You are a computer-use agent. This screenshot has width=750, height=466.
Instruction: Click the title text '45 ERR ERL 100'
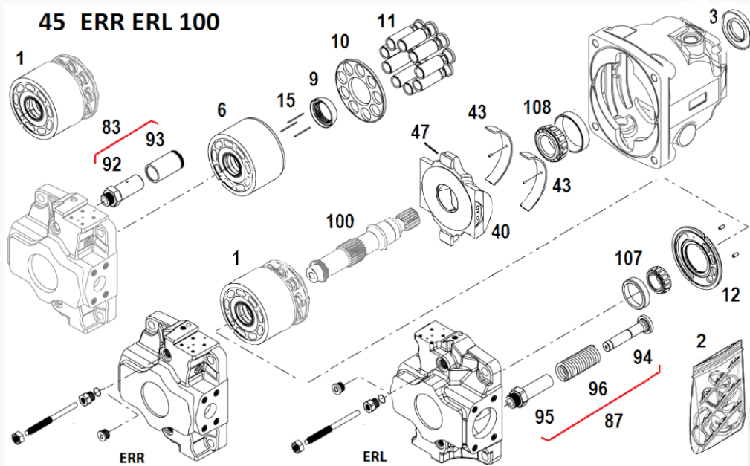[129, 22]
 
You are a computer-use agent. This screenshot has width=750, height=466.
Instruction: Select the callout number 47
[420, 133]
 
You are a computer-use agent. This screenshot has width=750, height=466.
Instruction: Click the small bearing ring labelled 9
[326, 111]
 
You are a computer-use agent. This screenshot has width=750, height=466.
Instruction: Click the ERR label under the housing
[132, 456]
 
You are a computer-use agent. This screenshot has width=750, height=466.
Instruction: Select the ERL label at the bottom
[375, 455]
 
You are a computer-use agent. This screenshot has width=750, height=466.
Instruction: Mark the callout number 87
[613, 421]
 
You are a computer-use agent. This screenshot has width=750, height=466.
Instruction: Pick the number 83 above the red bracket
[111, 127]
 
